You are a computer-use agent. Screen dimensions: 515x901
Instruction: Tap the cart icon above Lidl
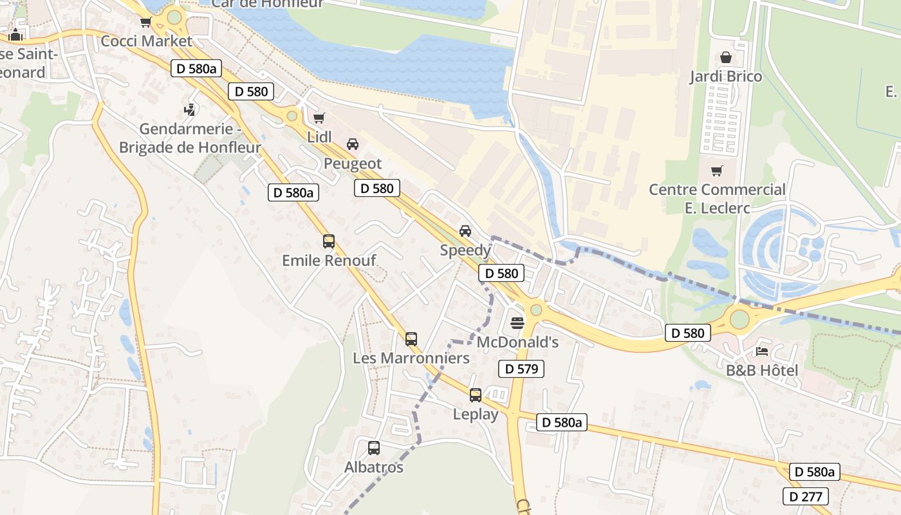pos(319,118)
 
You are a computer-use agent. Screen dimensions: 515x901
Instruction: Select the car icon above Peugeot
pos(353,144)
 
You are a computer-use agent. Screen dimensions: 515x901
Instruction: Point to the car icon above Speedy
pos(465,231)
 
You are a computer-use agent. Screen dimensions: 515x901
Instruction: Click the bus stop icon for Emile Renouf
pos(329,241)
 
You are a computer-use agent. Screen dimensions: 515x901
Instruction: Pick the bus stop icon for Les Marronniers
pos(411,339)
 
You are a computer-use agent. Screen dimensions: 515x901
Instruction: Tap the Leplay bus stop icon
pos(476,395)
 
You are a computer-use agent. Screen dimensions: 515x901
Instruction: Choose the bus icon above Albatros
pos(374,448)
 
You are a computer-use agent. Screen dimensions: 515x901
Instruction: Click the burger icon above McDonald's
pos(517,323)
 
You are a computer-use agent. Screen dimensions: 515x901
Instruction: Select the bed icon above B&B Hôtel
pos(762,351)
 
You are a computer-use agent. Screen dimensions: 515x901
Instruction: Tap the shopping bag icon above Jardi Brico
pos(726,57)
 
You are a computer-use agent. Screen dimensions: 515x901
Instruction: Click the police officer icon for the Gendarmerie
pos(189,110)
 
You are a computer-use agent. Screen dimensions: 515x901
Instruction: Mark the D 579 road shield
pos(521,369)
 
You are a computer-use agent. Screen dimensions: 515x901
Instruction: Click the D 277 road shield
pos(806,496)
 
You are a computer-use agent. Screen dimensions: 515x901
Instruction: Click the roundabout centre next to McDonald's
pos(536,310)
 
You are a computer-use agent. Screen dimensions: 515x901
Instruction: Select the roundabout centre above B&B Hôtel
pos(739,319)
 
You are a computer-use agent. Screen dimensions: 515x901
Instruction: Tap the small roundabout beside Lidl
pos(292,116)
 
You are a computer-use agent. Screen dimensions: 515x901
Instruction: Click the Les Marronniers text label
pos(411,358)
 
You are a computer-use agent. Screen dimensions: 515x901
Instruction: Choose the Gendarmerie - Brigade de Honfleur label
pos(190,138)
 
